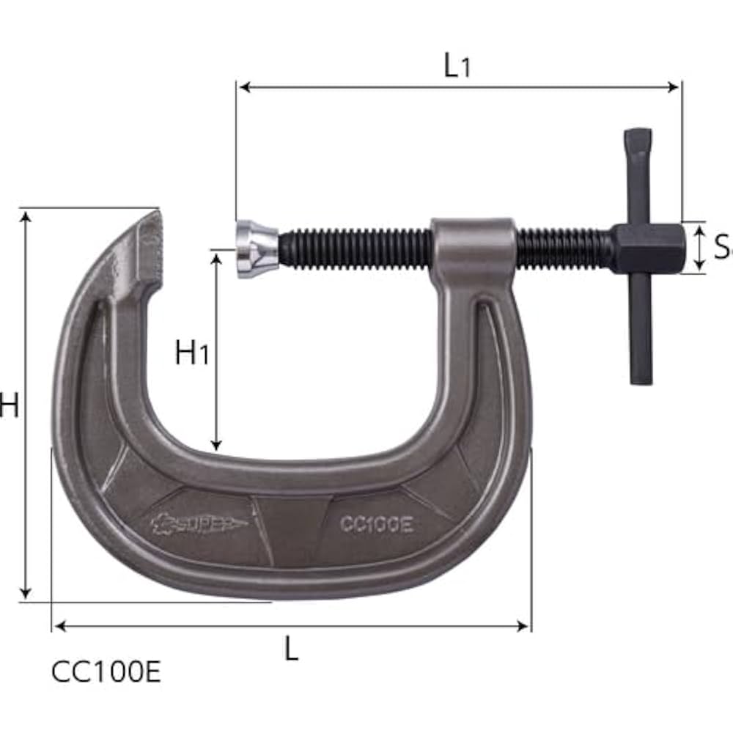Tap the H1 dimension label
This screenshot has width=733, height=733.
coord(192,353)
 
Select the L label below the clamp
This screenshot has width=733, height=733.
coord(292,649)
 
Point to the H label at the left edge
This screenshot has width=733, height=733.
coord(9,405)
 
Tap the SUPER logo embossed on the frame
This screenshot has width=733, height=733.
coord(199,523)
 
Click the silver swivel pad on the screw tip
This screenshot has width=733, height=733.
coord(256,249)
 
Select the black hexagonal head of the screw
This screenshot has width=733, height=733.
coord(647,248)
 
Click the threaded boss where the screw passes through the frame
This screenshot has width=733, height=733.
coord(473,246)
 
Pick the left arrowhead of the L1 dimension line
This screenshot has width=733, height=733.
coord(244,87)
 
